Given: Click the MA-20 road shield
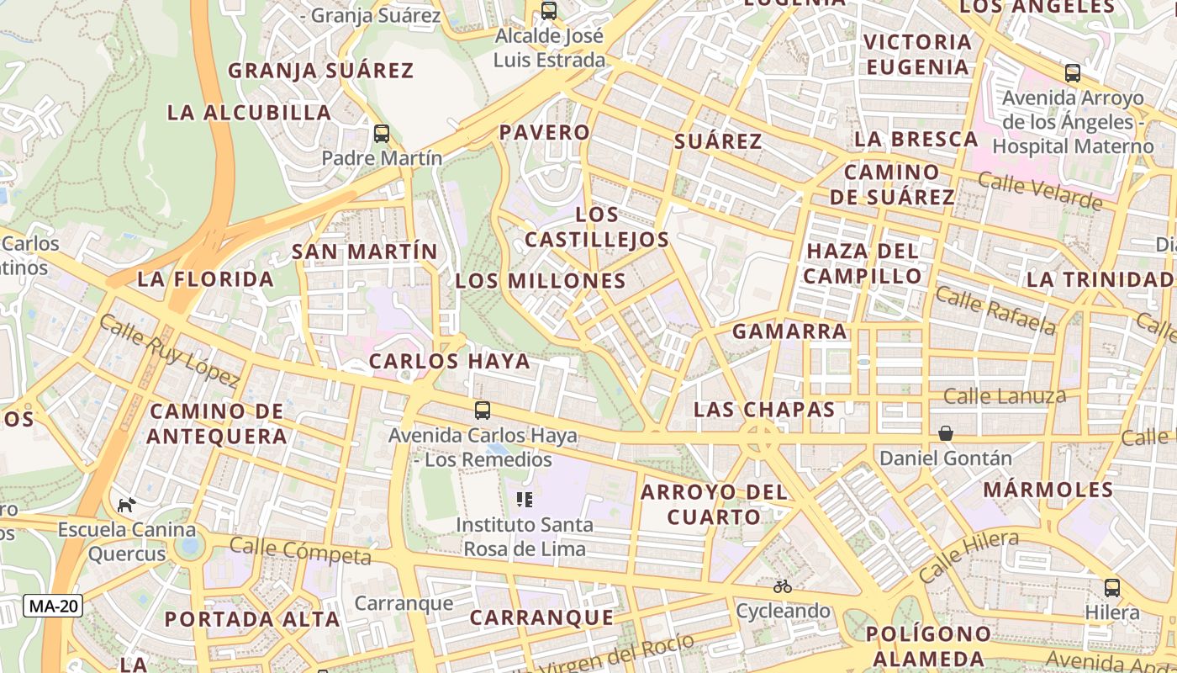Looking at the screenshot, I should [53, 606].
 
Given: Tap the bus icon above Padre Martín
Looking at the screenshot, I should [382, 133].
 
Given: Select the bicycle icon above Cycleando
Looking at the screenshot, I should [783, 586].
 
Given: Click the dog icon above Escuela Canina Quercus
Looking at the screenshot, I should [127, 505].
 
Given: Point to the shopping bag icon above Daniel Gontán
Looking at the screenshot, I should [946, 433].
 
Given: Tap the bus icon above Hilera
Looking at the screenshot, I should [1112, 587].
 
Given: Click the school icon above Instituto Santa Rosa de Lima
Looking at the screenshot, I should [525, 500].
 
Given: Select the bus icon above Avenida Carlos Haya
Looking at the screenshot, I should [483, 411].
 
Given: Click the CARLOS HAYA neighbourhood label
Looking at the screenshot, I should [450, 362].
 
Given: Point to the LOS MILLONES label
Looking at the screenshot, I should [541, 281].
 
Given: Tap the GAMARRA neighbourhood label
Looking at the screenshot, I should [789, 331].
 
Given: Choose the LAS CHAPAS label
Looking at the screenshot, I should [764, 410].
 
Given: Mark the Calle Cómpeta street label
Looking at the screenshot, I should [300, 551].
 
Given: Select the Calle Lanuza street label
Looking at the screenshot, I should [1005, 395].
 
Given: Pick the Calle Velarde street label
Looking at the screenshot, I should [1040, 192].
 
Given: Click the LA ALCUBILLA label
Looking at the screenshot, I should [250, 113].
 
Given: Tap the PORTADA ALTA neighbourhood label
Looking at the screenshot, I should [252, 619].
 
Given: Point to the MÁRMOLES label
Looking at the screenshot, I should [1048, 490].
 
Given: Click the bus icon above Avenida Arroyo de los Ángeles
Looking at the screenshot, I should [1073, 73].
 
